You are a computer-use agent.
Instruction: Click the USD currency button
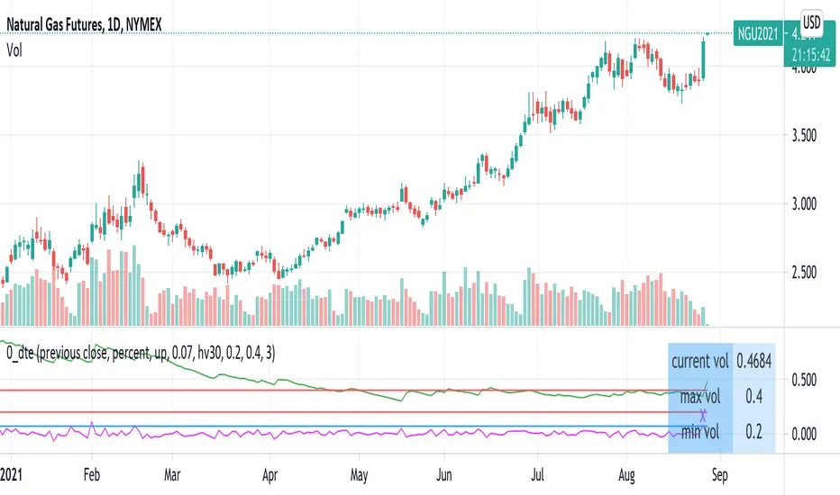click(x=809, y=20)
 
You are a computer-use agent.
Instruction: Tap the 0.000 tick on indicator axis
click(x=804, y=434)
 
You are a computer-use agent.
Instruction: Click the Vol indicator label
click(x=14, y=51)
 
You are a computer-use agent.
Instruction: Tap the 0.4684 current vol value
click(x=754, y=362)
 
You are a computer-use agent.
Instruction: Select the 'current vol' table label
click(x=700, y=362)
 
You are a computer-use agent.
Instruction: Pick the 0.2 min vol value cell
click(x=754, y=433)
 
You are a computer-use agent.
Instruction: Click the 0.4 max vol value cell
click(x=754, y=396)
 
